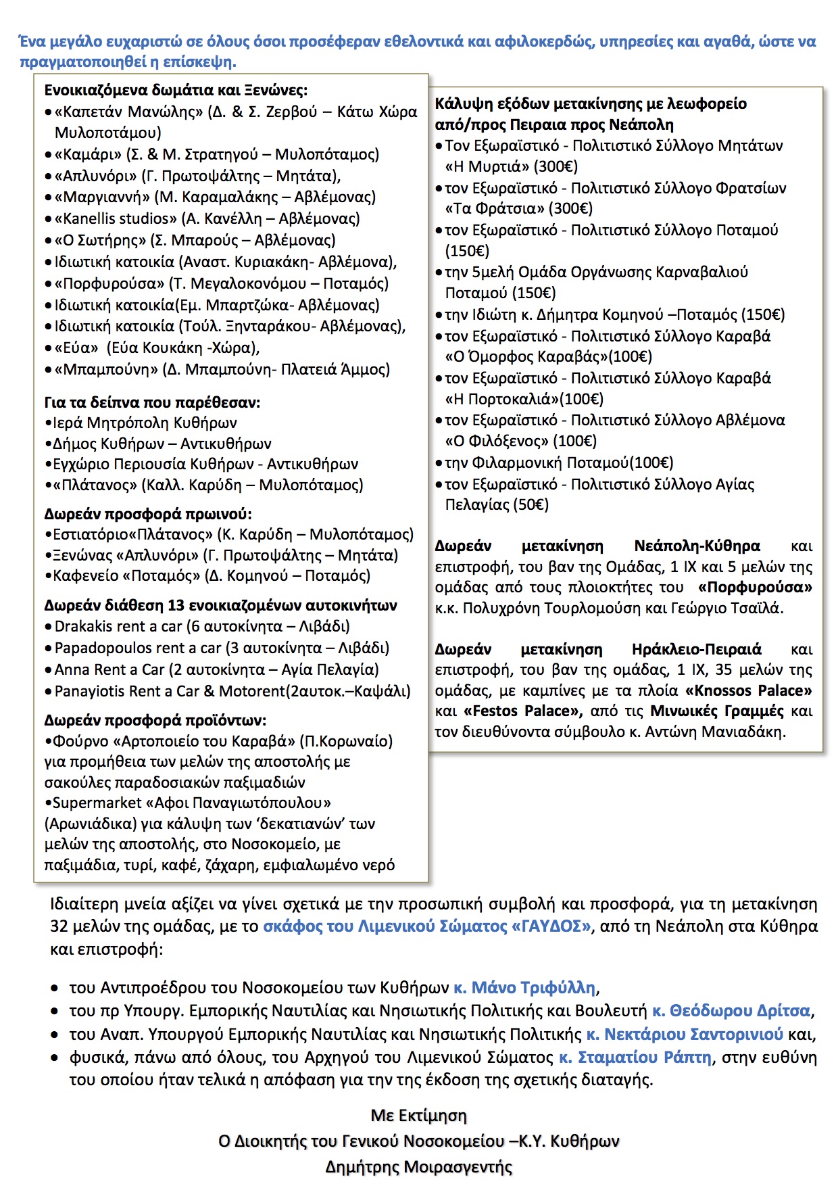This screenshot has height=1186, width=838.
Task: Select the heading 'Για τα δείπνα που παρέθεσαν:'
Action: (152, 402)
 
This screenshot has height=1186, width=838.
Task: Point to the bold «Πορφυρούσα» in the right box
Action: (755, 587)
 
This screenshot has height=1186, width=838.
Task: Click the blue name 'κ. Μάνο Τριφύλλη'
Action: (524, 987)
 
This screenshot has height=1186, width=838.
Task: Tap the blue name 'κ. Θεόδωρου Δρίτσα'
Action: (731, 1010)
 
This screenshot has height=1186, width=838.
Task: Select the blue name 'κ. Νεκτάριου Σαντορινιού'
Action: (684, 1034)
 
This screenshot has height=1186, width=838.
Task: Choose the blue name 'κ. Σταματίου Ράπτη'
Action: (635, 1057)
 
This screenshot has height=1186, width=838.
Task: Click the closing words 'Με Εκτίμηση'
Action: (418, 1115)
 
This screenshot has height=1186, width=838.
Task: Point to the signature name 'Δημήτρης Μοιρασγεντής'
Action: (418, 1166)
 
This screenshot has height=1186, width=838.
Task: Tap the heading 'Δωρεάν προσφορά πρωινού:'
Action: (148, 514)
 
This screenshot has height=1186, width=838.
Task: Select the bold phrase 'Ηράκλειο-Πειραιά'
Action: (696, 649)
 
